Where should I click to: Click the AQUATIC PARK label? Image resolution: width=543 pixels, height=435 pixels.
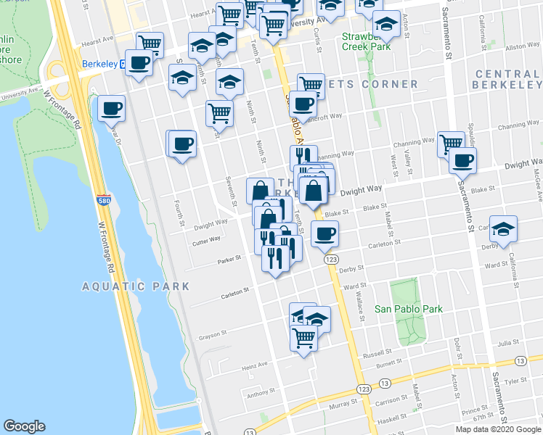pos(136,286)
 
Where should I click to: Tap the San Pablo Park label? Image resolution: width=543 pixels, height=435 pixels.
pos(408,309)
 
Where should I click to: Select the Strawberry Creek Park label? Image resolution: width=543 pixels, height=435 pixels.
pos(367,40)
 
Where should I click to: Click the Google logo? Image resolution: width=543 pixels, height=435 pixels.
pos(24,426)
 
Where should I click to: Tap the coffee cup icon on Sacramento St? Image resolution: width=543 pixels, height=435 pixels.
pos(462,160)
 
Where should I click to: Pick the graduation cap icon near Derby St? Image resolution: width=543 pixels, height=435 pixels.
pos(502,229)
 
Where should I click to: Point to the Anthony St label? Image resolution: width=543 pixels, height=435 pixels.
pos(258,395)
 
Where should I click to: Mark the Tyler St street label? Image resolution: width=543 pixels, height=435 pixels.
pos(515,380)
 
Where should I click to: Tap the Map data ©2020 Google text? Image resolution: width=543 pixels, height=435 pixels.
pos(499,429)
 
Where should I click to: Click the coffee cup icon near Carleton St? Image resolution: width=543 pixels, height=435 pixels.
pos(324,233)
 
